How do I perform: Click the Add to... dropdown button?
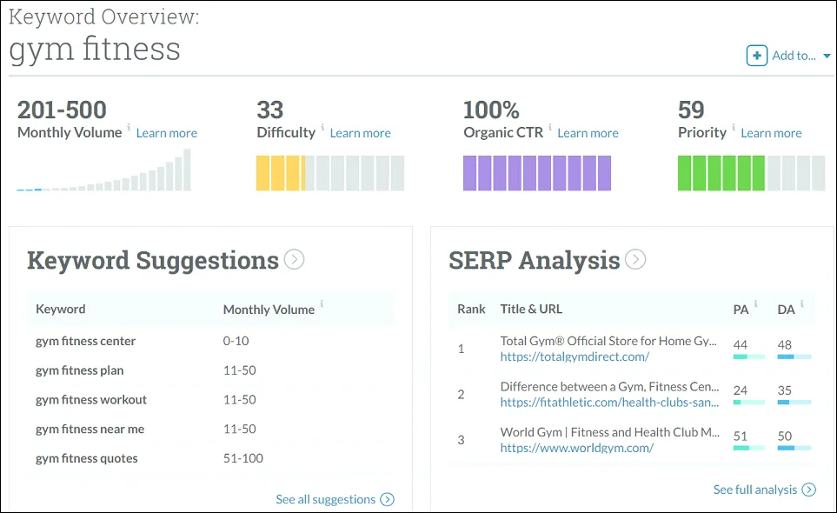coord(788,56)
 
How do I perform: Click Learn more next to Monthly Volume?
coord(166,133)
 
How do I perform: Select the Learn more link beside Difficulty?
coord(360,133)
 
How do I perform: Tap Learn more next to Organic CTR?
coord(588,133)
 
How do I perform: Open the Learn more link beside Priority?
coord(771,133)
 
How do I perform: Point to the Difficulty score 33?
coord(270,110)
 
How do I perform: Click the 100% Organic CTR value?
coord(491,110)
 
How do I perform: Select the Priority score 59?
coord(691,110)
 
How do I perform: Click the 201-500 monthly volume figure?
coord(62,110)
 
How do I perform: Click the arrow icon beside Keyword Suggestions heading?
coord(295,259)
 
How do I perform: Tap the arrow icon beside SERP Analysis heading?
coord(635,259)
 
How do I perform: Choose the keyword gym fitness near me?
coord(90,429)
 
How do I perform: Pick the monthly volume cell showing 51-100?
coord(242,458)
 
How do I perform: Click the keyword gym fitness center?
coord(85,341)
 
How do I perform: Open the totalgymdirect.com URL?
coord(575,356)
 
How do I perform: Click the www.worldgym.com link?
coord(576,448)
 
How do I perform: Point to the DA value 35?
coord(785,390)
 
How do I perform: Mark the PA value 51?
coord(741,436)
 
